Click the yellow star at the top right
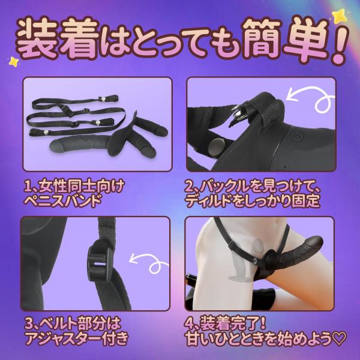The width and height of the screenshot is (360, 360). click(x=339, y=16)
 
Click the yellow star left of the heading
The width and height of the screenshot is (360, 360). click(x=14, y=61)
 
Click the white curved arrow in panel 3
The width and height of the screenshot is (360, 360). click(x=149, y=263)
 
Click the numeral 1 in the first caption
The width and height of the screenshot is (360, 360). click(x=28, y=188)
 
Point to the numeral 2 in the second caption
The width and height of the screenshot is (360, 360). click(x=190, y=188)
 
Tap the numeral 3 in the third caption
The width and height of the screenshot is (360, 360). click(x=29, y=324)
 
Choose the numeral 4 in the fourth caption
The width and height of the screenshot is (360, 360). click(x=190, y=324)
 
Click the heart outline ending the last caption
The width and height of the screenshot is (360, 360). click(x=340, y=339)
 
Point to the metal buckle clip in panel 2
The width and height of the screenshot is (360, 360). click(x=238, y=114)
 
